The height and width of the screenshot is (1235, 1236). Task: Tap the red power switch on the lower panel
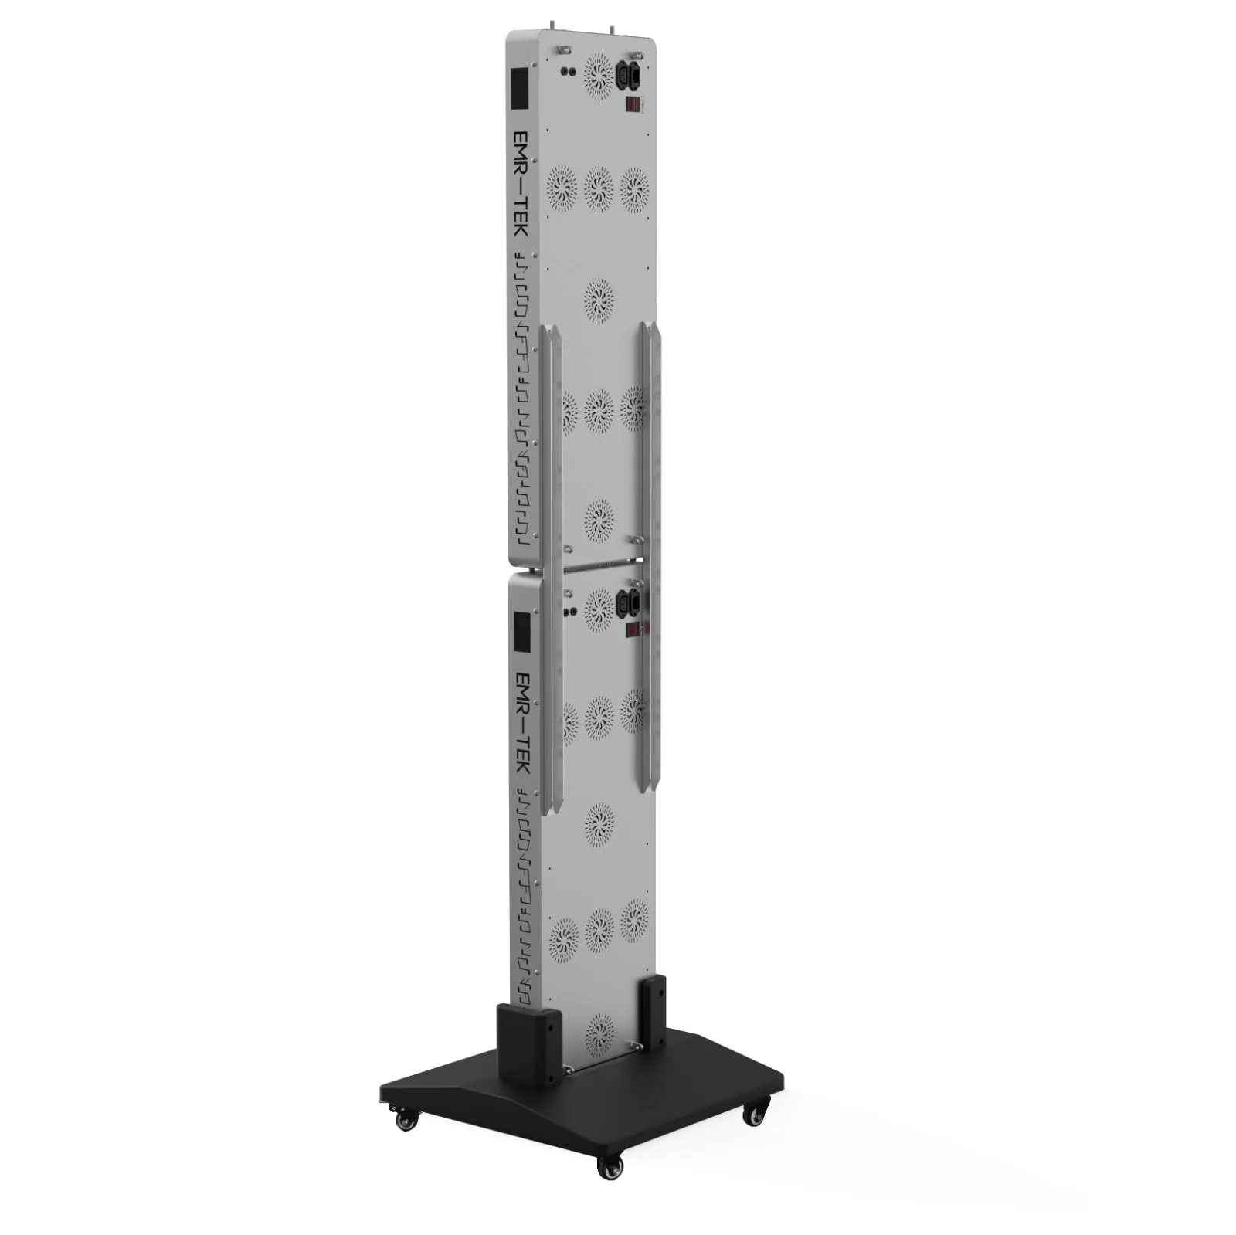[632, 629]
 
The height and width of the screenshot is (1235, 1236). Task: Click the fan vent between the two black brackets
[599, 1033]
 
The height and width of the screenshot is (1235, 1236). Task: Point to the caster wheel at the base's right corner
[755, 1113]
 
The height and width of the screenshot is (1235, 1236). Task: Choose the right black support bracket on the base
[653, 1012]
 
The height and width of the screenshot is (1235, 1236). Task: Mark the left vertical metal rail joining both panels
[550, 568]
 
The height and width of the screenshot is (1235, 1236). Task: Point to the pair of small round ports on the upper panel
[568, 72]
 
